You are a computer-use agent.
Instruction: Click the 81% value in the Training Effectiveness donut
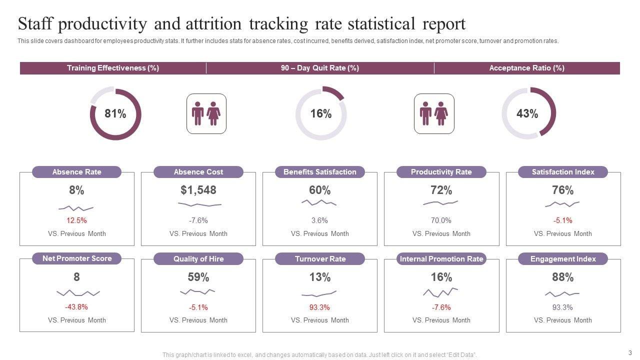point(115,114)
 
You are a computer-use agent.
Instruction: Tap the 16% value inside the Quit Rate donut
point(321,114)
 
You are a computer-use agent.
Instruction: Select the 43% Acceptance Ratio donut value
point(527,114)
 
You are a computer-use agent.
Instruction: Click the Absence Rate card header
point(77,172)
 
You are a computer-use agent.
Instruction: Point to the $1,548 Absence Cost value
point(198,190)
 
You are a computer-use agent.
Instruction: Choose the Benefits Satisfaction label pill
point(320,172)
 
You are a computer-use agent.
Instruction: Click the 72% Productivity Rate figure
point(441,190)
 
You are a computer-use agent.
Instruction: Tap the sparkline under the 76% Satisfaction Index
point(562,204)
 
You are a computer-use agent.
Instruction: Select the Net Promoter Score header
point(77,258)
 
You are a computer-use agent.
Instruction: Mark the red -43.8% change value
point(76,307)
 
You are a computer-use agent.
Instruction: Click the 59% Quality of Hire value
point(198,277)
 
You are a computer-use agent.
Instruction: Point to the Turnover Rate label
point(320,259)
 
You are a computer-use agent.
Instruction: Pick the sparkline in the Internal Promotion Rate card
point(440,291)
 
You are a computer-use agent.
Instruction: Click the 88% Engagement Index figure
point(563,277)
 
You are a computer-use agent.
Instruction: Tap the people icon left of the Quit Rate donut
point(206,113)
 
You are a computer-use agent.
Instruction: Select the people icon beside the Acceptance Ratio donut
point(434,113)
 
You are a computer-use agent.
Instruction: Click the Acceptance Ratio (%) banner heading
point(526,68)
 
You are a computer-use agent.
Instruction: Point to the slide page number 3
point(630,352)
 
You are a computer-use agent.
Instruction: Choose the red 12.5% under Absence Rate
point(76,220)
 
